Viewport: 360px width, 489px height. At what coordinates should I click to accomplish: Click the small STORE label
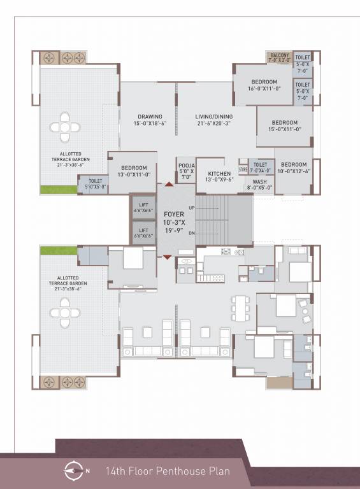(243, 170)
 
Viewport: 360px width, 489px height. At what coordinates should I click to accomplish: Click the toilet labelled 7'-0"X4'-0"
(261, 167)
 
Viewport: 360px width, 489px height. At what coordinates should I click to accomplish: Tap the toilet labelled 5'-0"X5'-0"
(95, 184)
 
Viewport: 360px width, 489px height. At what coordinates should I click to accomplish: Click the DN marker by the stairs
(191, 233)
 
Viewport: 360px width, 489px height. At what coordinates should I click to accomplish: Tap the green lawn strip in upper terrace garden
(59, 189)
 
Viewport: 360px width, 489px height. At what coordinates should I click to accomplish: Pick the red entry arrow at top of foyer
(168, 184)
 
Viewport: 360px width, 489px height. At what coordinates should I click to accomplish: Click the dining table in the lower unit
(240, 308)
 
